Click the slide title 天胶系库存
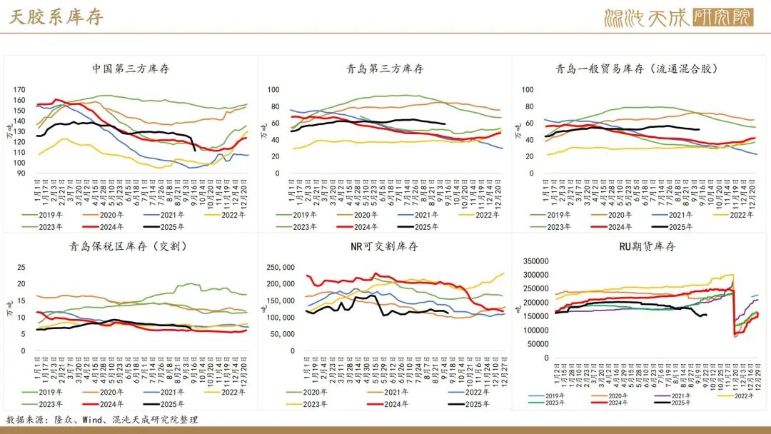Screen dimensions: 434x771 pyautogui.click(x=56, y=17)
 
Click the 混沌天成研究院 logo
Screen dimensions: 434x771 pyautogui.click(x=678, y=17)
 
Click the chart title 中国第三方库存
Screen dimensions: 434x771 pyautogui.click(x=131, y=69)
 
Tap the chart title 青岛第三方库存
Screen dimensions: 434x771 pyautogui.click(x=385, y=69)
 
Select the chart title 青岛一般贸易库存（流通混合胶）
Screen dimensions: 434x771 pyautogui.click(x=636, y=69)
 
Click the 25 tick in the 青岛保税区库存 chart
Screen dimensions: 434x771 pyautogui.click(x=21, y=268)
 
